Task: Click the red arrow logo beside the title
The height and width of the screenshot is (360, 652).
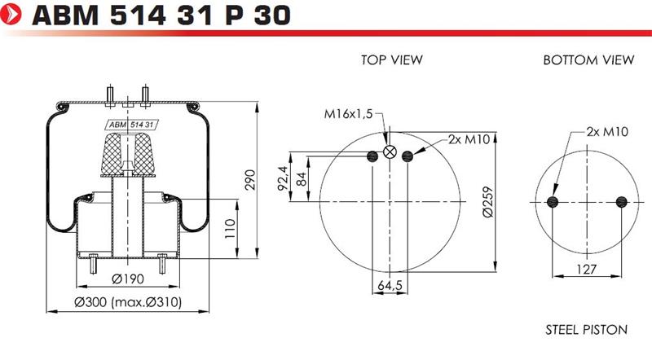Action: (x=11, y=14)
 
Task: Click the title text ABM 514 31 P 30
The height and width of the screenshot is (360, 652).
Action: (x=161, y=15)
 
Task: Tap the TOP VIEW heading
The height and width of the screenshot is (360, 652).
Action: (x=392, y=59)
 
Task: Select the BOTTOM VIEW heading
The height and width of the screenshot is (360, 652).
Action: (x=588, y=59)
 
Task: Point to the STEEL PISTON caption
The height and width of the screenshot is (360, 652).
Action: (x=586, y=330)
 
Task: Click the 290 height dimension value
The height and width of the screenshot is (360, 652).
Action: (x=250, y=179)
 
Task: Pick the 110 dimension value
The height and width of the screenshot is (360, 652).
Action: (x=230, y=229)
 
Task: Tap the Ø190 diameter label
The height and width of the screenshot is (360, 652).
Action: (x=128, y=279)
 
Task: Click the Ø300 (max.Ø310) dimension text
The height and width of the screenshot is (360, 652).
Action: (x=128, y=302)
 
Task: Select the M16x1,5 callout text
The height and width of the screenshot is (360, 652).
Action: (x=349, y=114)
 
